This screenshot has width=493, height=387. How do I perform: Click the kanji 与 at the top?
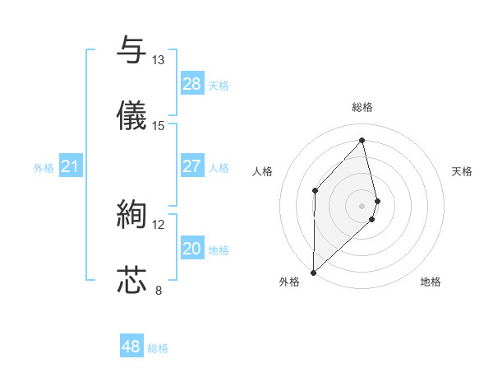click(131, 50)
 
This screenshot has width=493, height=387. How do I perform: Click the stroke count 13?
click(158, 60)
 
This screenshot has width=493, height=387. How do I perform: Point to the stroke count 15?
click(158, 126)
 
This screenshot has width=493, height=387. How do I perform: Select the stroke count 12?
click(158, 224)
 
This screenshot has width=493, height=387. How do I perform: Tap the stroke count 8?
click(158, 290)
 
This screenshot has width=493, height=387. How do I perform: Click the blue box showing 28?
click(192, 84)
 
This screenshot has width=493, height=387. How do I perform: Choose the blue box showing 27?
click(192, 166)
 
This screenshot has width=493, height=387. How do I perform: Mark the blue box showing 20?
click(192, 249)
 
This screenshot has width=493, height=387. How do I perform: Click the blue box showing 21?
click(71, 167)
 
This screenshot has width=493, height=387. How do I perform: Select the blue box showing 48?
click(131, 347)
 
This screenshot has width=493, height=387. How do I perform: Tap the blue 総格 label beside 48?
click(158, 348)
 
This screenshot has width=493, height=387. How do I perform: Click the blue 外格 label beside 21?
click(44, 168)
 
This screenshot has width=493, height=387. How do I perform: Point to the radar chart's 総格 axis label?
click(362, 107)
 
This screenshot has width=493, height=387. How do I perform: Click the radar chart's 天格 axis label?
click(462, 171)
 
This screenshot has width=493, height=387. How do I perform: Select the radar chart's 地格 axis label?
click(431, 282)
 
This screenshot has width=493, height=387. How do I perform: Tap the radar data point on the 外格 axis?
click(313, 272)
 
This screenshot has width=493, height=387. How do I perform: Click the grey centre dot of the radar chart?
click(362, 204)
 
